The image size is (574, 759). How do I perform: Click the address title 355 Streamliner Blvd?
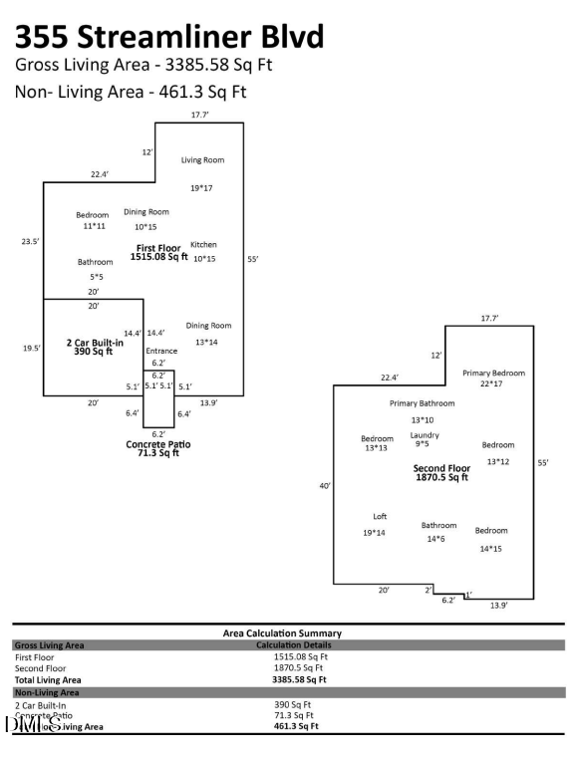(168, 37)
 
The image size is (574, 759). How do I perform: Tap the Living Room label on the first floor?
(202, 159)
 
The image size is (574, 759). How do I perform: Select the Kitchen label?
(203, 244)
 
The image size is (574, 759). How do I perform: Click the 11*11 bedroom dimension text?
(93, 226)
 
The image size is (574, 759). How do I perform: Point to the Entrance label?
(161, 351)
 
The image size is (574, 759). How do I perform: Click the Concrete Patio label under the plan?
(158, 444)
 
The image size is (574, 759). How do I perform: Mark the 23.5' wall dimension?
(30, 241)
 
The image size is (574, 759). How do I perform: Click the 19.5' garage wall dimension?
(30, 348)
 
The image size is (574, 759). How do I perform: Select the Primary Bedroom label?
(493, 373)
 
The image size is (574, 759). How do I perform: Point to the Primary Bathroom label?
(422, 403)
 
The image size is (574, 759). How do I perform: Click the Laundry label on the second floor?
(425, 435)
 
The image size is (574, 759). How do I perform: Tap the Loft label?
(380, 516)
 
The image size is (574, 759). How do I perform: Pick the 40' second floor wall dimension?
(324, 485)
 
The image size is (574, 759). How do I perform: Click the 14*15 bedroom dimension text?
(491, 548)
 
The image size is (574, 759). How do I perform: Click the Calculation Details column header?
(292, 645)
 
